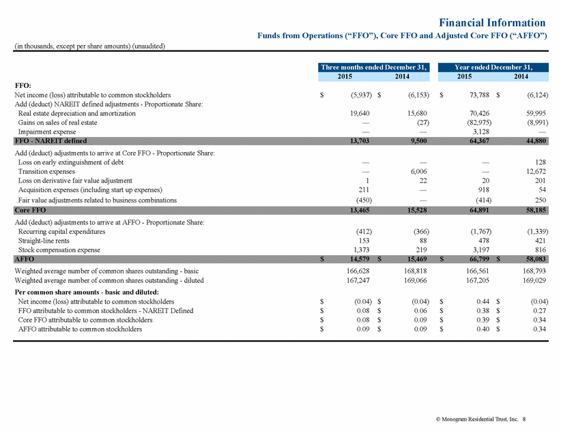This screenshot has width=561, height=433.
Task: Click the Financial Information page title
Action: (492, 23)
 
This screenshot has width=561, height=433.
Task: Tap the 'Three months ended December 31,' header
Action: (373, 68)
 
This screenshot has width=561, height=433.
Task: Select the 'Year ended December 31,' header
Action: (493, 68)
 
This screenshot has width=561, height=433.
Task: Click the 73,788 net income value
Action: (479, 95)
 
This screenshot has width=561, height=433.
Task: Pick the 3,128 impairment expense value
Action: (481, 132)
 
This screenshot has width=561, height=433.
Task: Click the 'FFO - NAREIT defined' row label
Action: (51, 141)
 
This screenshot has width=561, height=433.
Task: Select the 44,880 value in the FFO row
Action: (536, 141)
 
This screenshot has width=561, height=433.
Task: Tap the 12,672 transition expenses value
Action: (536, 172)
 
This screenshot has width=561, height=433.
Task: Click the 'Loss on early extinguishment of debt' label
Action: (71, 162)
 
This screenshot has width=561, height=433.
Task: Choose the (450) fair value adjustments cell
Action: (364, 200)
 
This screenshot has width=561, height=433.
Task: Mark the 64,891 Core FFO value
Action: (479, 210)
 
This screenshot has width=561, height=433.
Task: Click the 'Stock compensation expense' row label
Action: (59, 250)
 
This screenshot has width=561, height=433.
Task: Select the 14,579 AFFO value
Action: (360, 259)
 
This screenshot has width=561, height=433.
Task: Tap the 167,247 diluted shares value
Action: (358, 280)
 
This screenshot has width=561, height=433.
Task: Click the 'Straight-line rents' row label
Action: (44, 241)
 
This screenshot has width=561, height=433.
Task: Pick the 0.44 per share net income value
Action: (483, 301)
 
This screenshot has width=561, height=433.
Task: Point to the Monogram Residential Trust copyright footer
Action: (480, 419)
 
